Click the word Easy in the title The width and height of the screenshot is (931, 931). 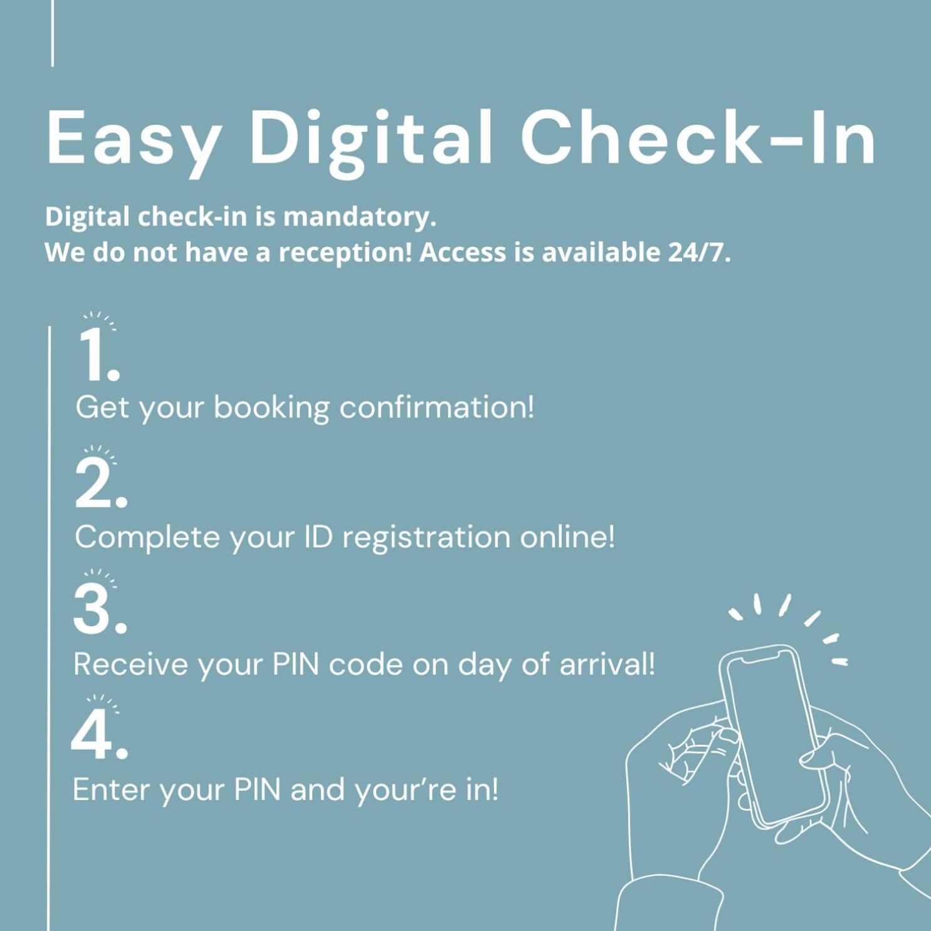(134, 139)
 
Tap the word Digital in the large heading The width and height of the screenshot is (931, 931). (371, 140)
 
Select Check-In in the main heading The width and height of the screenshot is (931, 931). (698, 136)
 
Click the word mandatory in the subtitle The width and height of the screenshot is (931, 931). (359, 217)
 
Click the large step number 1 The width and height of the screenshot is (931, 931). (98, 355)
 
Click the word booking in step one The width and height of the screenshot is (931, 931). (271, 409)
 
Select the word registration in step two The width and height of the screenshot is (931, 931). (426, 539)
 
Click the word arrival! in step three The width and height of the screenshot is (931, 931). (607, 664)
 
